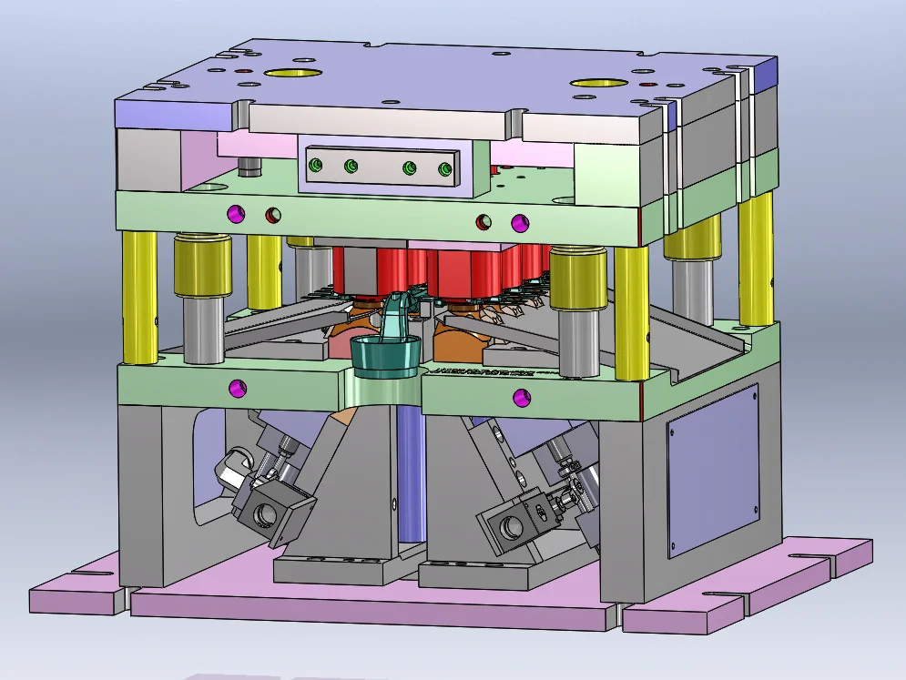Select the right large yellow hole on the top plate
pos(596,84)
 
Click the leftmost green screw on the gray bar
pos(316,165)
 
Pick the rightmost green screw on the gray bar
pos(444,170)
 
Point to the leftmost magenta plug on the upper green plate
pos(239,214)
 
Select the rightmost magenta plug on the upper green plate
pos(519,221)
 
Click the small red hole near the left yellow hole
pos(243,70)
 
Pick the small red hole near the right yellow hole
pos(646,84)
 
